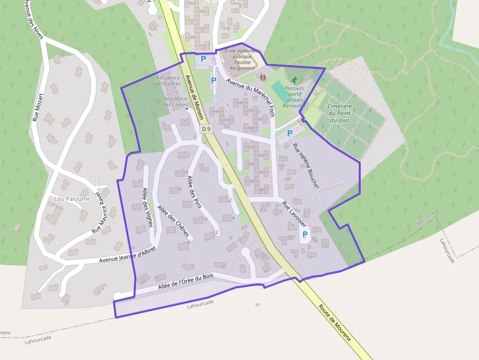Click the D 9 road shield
click(x=206, y=129)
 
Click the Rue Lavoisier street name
click(x=293, y=214)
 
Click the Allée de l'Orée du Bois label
click(x=186, y=283)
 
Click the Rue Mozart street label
click(x=38, y=107)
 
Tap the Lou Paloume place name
click(x=72, y=199)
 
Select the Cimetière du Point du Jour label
click(x=339, y=113)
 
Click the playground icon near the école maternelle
click(x=263, y=77)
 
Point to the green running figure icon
click(x=294, y=80)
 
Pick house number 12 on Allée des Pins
click(x=216, y=232)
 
